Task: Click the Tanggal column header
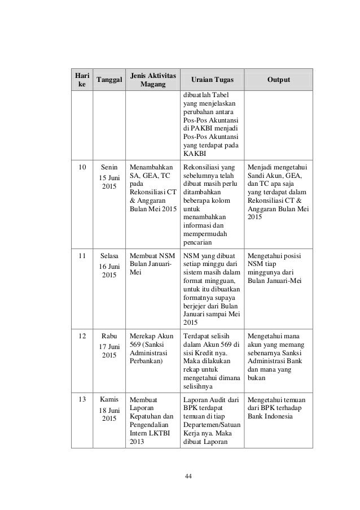tap(109, 80)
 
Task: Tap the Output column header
tap(279, 80)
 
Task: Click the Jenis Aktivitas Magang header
tap(152, 80)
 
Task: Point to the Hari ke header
tap(81, 80)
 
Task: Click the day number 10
tap(82, 167)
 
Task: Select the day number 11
tap(82, 256)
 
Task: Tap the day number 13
tap(82, 399)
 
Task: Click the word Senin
tap(109, 167)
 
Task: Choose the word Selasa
tap(109, 256)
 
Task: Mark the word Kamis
tap(109, 399)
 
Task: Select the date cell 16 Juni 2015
tap(109, 270)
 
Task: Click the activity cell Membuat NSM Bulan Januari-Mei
tap(151, 260)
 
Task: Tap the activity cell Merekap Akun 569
tap(151, 349)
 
